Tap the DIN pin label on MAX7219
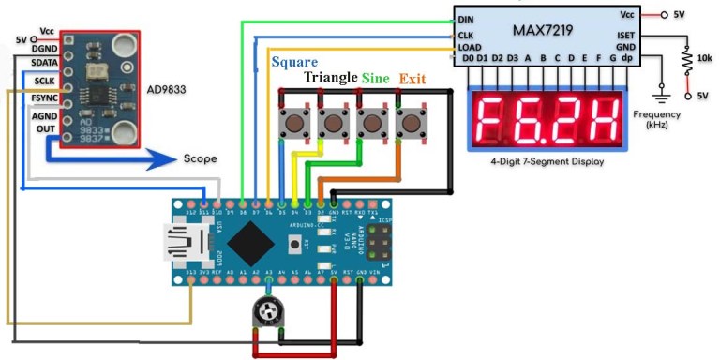click(x=466, y=17)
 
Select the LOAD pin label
click(x=470, y=48)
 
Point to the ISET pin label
click(x=625, y=35)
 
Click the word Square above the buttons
click(x=293, y=63)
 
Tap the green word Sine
click(x=377, y=77)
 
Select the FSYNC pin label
click(x=43, y=97)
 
